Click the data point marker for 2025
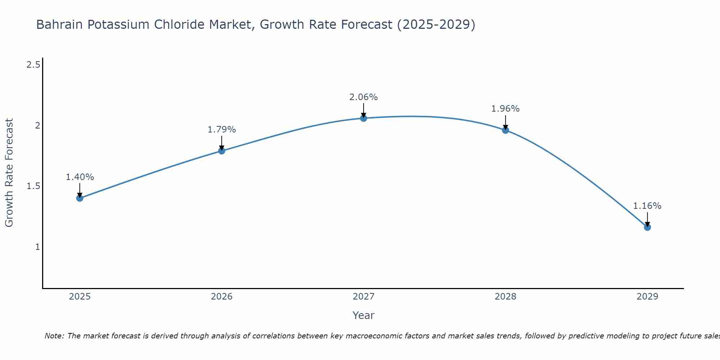click(x=80, y=198)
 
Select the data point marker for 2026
click(x=222, y=151)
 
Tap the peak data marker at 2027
click(x=364, y=118)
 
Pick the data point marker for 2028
click(x=505, y=130)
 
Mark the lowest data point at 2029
click(x=647, y=227)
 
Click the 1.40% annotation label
click(x=80, y=177)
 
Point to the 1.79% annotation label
click(x=222, y=130)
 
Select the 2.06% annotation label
click(x=364, y=97)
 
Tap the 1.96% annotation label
click(x=505, y=109)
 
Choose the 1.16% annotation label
click(x=647, y=206)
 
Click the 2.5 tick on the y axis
click(x=33, y=65)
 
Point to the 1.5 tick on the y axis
click(x=33, y=186)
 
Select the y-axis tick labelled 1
click(x=37, y=247)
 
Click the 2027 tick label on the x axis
click(x=364, y=297)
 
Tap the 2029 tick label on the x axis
click(x=647, y=297)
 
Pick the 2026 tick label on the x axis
click(x=222, y=297)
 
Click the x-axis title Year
click(x=364, y=315)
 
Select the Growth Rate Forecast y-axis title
click(x=9, y=173)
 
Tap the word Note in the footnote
click(x=54, y=336)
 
